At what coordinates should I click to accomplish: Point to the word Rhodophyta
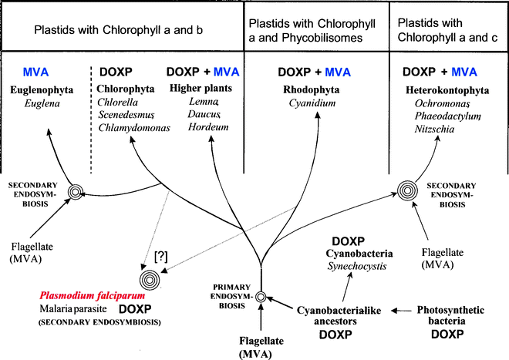(310, 89)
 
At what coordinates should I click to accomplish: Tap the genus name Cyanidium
(310, 103)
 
